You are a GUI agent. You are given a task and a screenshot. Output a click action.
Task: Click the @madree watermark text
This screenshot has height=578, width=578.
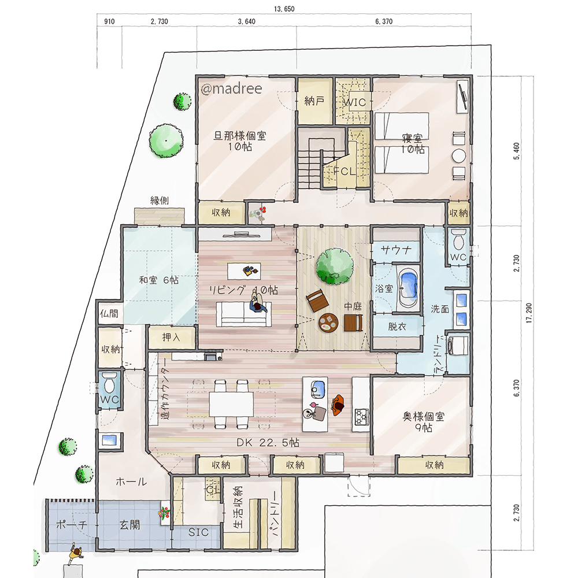click(232, 88)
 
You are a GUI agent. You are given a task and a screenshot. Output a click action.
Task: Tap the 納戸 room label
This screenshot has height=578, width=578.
click(314, 101)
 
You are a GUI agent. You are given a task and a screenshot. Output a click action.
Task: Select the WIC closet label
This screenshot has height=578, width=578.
click(355, 102)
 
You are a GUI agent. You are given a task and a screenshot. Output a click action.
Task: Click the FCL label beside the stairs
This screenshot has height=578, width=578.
click(344, 171)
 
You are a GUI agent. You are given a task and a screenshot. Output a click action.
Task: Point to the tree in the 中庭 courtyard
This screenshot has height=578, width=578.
click(335, 266)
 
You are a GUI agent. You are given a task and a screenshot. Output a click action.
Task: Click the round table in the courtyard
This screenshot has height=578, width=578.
click(328, 323)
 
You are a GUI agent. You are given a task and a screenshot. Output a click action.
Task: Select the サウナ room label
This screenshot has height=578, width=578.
click(397, 250)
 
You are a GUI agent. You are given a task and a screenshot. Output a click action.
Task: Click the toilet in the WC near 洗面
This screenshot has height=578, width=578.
click(458, 240)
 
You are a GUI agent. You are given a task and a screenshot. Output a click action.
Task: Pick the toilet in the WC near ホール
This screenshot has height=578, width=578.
click(109, 382)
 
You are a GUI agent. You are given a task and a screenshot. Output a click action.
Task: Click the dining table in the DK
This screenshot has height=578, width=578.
click(232, 405)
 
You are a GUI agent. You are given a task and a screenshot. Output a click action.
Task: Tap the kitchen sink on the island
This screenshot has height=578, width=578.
click(318, 388)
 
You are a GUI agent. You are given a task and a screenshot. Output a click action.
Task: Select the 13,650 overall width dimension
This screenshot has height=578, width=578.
click(284, 9)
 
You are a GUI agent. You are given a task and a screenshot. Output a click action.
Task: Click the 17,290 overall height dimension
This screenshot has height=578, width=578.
click(529, 313)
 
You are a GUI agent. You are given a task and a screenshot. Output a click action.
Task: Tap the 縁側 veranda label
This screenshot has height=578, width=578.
click(160, 201)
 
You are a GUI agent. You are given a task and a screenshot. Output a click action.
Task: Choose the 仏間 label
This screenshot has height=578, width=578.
click(109, 314)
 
